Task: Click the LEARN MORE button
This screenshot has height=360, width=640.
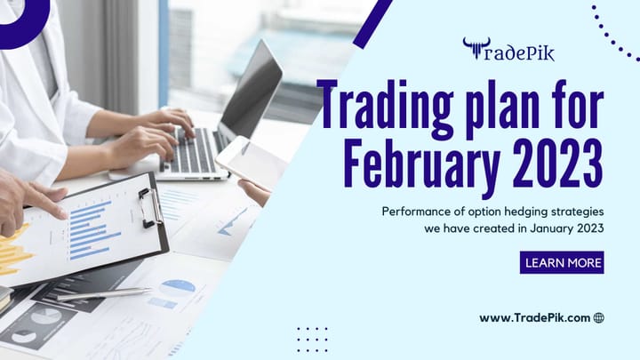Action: (x=562, y=262)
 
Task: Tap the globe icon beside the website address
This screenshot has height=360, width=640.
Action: (x=598, y=317)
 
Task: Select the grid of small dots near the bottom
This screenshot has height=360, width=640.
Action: (x=312, y=338)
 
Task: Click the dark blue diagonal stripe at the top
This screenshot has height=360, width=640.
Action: (x=372, y=23)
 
